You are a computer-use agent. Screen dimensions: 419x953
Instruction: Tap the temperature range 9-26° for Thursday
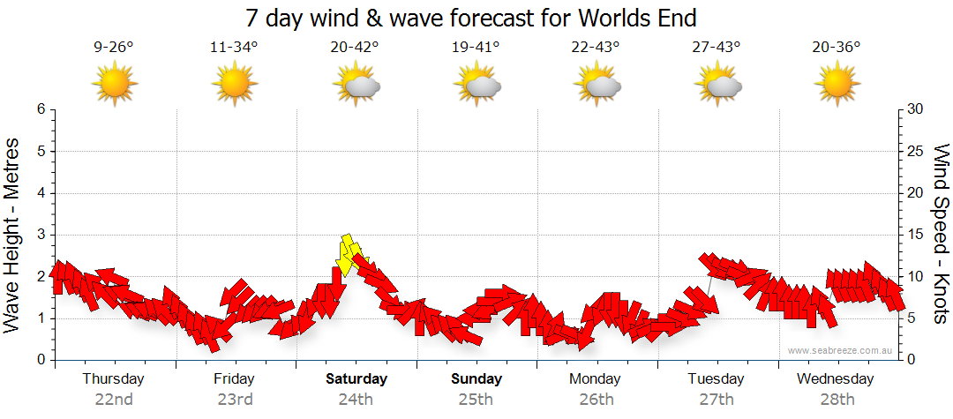(x=114, y=48)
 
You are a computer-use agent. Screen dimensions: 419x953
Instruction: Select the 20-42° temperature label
(x=355, y=48)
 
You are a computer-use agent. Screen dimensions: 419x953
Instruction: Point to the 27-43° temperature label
(x=716, y=48)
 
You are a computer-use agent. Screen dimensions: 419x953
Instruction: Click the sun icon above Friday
(x=234, y=84)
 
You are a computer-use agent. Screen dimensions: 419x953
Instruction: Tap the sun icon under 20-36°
(x=837, y=84)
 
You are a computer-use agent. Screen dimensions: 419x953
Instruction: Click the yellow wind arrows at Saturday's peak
(x=349, y=254)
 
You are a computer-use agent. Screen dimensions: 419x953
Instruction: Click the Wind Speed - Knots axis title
(x=940, y=234)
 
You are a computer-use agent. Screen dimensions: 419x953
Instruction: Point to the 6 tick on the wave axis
(x=41, y=109)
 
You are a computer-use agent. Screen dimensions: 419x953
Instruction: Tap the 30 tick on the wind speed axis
(x=915, y=109)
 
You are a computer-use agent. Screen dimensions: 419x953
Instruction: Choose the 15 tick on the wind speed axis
(x=915, y=235)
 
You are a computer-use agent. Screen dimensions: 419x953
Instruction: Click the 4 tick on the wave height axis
(x=41, y=193)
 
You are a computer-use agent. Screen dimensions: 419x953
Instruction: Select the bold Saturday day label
(x=356, y=379)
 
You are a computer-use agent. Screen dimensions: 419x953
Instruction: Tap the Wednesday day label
(x=835, y=379)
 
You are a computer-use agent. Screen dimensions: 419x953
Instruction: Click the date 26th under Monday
(x=597, y=399)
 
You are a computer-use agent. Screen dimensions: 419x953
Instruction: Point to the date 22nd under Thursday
(x=114, y=399)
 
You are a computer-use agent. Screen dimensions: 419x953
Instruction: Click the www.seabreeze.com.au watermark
(x=841, y=350)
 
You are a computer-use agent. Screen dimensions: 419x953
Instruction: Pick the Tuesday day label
(x=716, y=379)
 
